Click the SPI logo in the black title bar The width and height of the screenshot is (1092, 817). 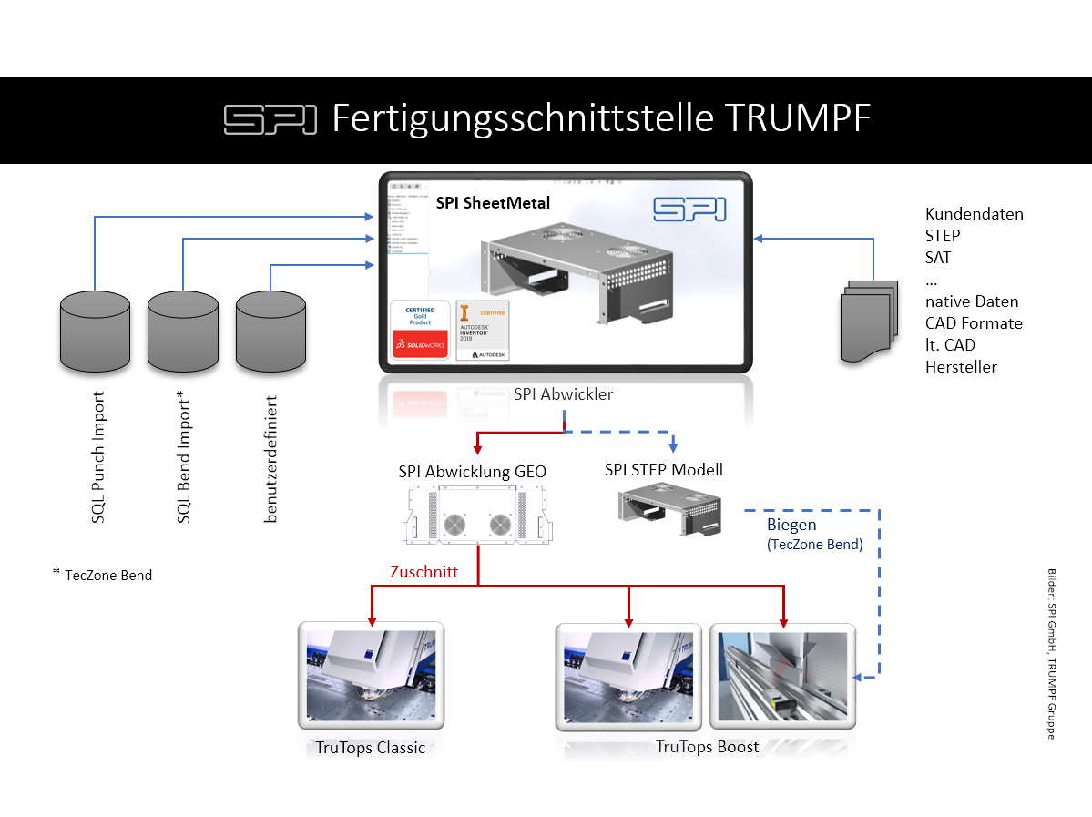point(270,119)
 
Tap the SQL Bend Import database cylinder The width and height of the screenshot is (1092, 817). point(183,330)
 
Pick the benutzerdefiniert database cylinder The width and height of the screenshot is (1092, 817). point(270,330)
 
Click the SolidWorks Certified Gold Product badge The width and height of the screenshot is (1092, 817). point(419,329)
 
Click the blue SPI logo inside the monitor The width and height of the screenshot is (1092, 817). point(689,209)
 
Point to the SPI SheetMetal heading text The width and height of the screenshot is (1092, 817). point(493,203)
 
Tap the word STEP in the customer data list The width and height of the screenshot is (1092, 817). point(943,236)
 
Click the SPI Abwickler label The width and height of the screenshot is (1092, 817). point(563,394)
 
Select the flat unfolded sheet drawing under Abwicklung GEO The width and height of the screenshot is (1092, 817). point(472,516)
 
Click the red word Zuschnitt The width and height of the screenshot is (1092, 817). point(423,572)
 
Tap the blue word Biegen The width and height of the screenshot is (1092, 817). point(791,525)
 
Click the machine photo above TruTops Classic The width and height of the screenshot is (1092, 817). point(371,676)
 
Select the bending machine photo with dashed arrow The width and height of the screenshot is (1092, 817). point(782,676)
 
